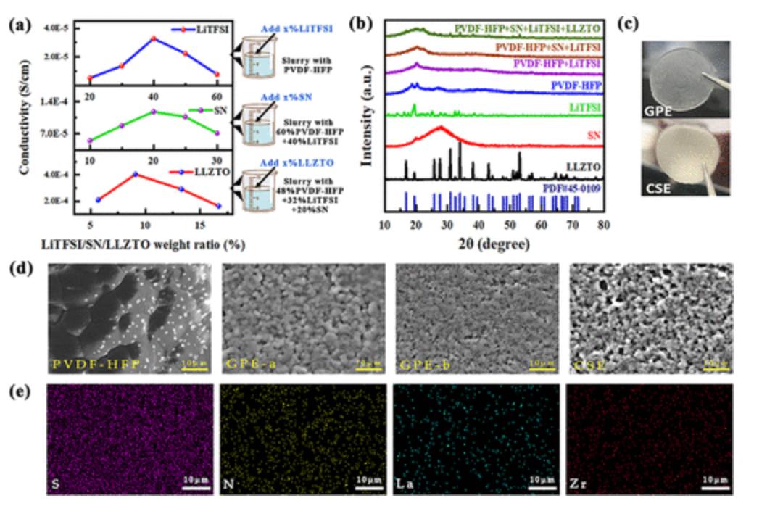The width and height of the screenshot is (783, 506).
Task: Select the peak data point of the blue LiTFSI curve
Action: click(154, 38)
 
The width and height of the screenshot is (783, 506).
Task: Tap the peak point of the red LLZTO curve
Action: click(136, 174)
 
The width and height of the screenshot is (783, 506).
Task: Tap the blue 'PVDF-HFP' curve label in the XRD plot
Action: click(575, 85)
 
